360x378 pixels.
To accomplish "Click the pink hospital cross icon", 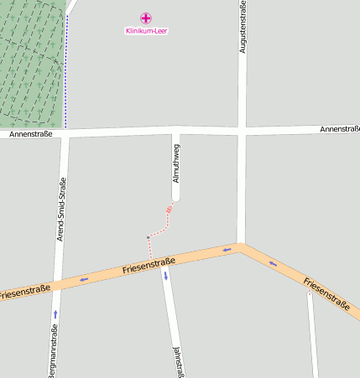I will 146,18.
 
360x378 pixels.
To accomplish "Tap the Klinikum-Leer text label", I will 146,31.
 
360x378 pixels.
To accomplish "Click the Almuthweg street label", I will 175,163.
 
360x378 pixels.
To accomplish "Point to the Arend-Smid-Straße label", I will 61,210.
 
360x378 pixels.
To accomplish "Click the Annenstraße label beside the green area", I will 30,134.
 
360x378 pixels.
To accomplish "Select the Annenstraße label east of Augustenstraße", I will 339,129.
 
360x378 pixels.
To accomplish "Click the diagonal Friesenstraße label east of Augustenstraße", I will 326,293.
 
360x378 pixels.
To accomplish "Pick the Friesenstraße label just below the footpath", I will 148,266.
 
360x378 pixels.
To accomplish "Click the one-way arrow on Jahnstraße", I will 166,275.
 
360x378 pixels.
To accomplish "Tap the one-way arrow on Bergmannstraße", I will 55,313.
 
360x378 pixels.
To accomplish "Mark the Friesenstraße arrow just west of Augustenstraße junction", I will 227,249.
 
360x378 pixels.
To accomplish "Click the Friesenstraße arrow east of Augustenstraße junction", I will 272,263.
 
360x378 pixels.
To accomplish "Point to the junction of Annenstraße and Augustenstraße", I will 242,131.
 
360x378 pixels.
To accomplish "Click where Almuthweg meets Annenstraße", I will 175,132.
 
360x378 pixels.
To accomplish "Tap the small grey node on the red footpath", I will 149,237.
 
